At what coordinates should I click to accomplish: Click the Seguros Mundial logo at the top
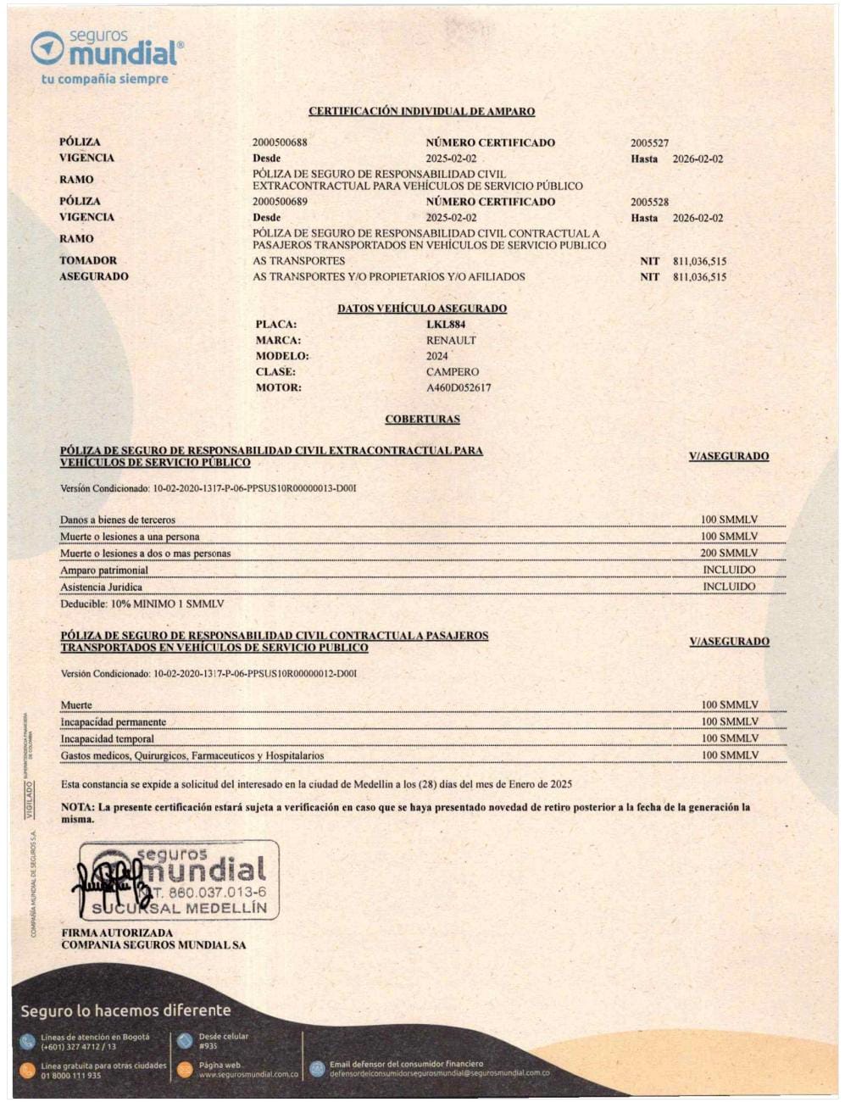pos(107,49)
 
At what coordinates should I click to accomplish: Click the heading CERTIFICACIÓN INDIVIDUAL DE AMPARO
pos(421,111)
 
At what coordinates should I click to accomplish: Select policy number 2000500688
pos(280,142)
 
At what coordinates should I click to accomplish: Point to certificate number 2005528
pos(649,203)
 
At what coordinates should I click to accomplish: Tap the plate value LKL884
pos(446,325)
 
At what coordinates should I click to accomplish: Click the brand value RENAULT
pos(451,341)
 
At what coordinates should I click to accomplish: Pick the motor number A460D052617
pos(459,388)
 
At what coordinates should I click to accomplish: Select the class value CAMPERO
pos(453,372)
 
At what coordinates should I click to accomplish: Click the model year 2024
pos(437,356)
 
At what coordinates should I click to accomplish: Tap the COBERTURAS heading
pos(422,420)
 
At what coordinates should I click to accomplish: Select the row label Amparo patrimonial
pos(103,570)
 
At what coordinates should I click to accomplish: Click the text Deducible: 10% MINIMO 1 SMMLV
pos(142,604)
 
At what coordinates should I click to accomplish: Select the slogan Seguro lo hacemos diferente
pos(125,1010)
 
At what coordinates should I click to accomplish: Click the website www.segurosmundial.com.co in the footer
pos(248,1075)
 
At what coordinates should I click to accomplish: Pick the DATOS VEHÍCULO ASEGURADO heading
pos(422,309)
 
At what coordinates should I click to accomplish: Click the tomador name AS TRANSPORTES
pos(298,261)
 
